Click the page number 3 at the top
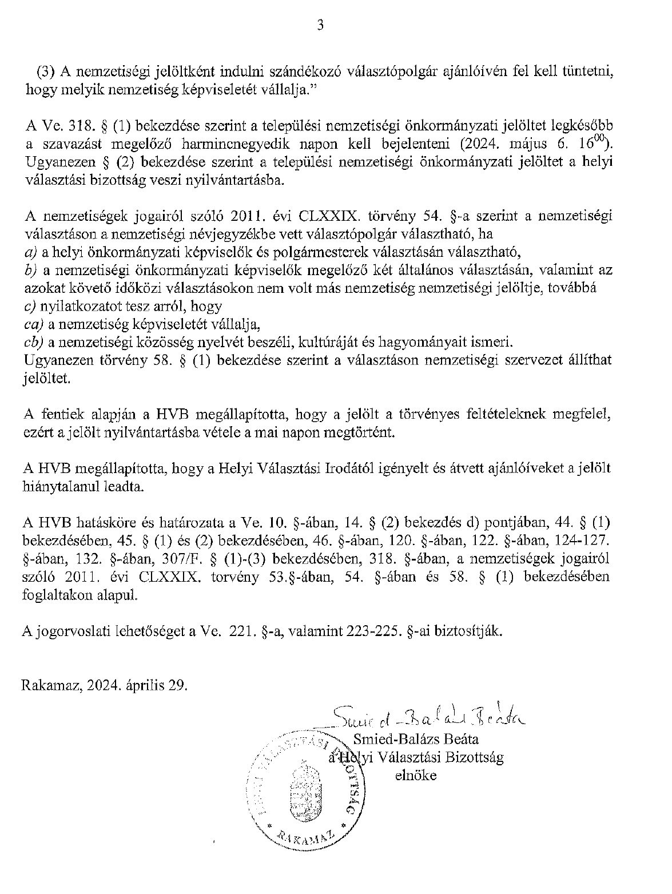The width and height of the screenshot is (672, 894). pyautogui.click(x=320, y=25)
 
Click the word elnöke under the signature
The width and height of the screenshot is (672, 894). pyautogui.click(x=416, y=776)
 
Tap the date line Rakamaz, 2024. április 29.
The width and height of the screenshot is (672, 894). pyautogui.click(x=105, y=685)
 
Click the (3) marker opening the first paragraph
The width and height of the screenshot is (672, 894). pyautogui.click(x=47, y=71)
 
